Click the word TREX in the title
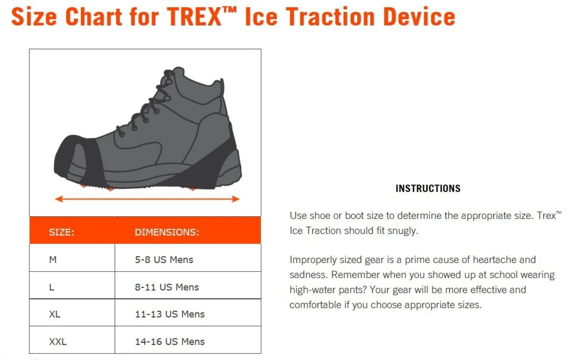(x=194, y=17)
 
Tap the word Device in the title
(x=419, y=17)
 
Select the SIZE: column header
(x=61, y=232)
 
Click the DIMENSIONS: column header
(x=167, y=232)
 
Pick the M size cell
(x=53, y=259)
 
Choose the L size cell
(x=51, y=287)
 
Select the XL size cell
(x=55, y=314)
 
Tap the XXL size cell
(x=58, y=341)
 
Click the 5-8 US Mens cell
(x=164, y=259)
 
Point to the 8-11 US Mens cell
(x=167, y=287)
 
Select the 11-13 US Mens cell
(x=170, y=314)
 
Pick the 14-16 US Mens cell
(x=170, y=341)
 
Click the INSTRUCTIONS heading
(x=428, y=188)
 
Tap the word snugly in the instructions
(x=402, y=231)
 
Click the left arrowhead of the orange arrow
(x=59, y=199)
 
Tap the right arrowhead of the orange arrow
(x=235, y=199)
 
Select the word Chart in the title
(x=94, y=17)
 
